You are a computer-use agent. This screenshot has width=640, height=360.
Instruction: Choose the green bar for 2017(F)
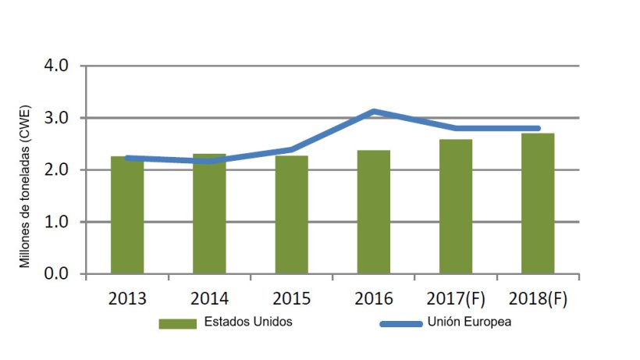(x=456, y=207)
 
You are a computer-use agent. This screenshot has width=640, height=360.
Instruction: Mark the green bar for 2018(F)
(x=538, y=204)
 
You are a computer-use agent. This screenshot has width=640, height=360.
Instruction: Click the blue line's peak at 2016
(x=374, y=112)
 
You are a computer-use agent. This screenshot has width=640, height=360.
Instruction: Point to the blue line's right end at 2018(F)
(x=538, y=128)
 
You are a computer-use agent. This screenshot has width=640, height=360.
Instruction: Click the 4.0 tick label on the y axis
(x=59, y=66)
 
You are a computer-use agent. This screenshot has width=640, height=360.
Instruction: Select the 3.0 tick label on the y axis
(x=59, y=118)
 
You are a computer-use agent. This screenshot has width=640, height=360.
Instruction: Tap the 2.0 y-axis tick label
(x=59, y=170)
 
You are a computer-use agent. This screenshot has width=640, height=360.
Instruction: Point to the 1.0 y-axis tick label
(x=59, y=222)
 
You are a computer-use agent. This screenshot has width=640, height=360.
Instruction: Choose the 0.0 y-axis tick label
(x=59, y=274)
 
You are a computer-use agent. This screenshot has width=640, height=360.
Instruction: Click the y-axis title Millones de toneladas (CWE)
(x=25, y=185)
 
